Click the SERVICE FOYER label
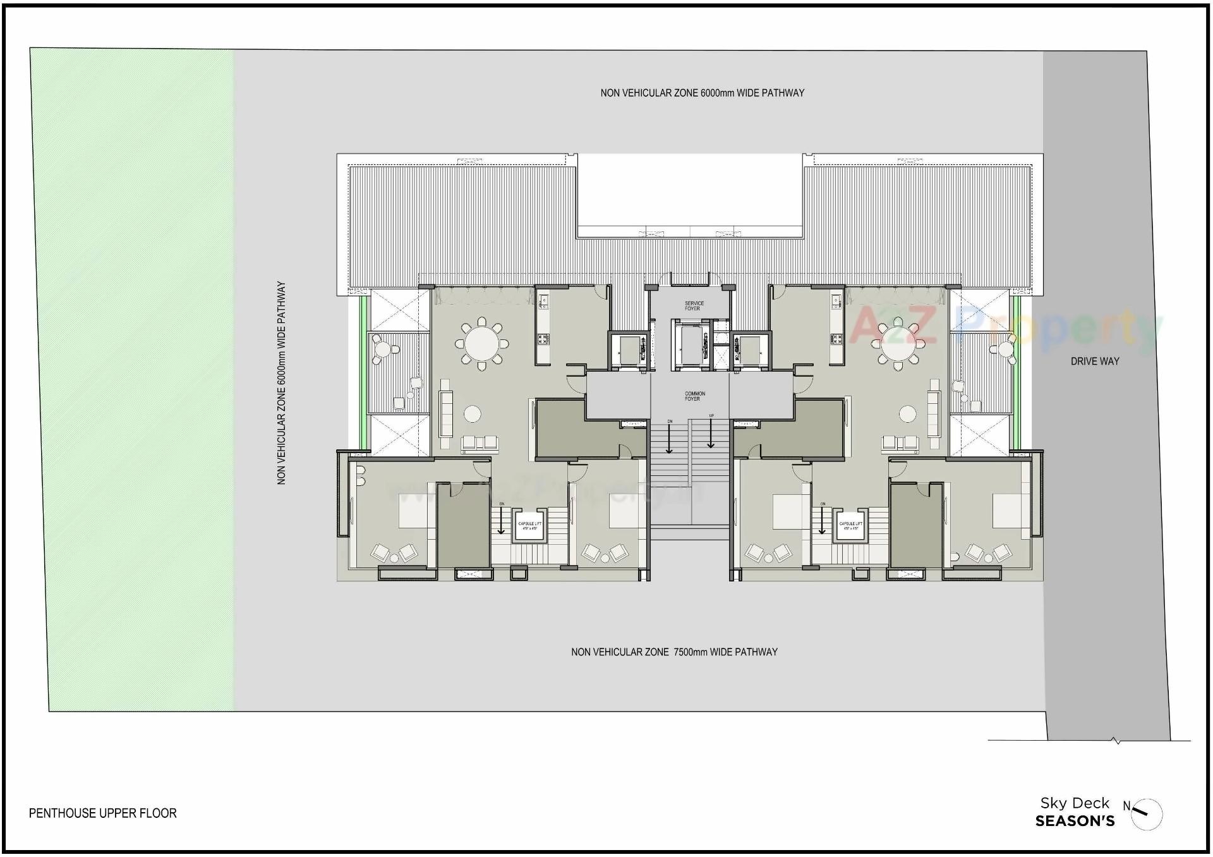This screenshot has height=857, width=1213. click(693, 306)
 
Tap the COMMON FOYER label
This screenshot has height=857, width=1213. click(694, 396)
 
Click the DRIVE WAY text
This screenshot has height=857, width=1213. click(1094, 362)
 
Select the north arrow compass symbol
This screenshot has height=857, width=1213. click(1146, 814)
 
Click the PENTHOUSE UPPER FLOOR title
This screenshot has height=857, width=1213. click(103, 813)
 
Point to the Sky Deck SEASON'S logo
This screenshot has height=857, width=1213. click(1074, 812)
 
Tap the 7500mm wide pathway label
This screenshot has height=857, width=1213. click(673, 652)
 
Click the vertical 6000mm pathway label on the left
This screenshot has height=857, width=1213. click(282, 383)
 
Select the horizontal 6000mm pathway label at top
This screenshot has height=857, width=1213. click(702, 93)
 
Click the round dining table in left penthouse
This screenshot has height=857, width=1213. click(481, 344)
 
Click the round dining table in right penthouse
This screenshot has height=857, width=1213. click(897, 344)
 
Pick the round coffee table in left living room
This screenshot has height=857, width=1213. click(472, 415)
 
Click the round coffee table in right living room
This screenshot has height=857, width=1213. click(907, 415)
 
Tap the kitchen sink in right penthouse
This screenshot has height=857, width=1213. click(835, 301)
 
